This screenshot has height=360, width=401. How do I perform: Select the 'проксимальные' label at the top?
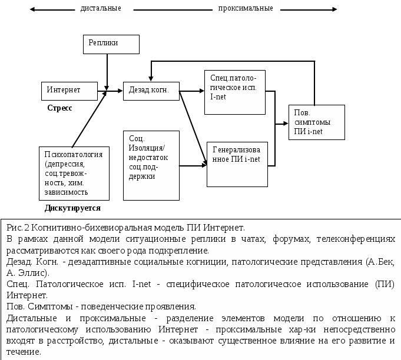pyautogui.click(x=245, y=8)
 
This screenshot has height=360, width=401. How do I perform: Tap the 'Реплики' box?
pyautogui.click(x=111, y=45)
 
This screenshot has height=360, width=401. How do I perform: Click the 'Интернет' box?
pyautogui.click(x=69, y=91)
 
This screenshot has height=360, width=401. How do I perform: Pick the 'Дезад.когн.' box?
pyautogui.click(x=150, y=91)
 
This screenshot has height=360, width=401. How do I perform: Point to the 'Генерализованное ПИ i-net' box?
pyautogui.click(x=237, y=164)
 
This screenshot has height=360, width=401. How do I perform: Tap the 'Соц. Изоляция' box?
pyautogui.click(x=150, y=164)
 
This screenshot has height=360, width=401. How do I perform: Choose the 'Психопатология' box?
pyautogui.click(x=74, y=172)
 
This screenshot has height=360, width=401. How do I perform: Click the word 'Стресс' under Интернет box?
pyautogui.click(x=59, y=109)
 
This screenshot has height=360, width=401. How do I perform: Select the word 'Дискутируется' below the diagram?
pyautogui.click(x=72, y=208)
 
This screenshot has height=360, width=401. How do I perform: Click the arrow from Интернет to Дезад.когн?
pyautogui.click(x=109, y=91)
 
